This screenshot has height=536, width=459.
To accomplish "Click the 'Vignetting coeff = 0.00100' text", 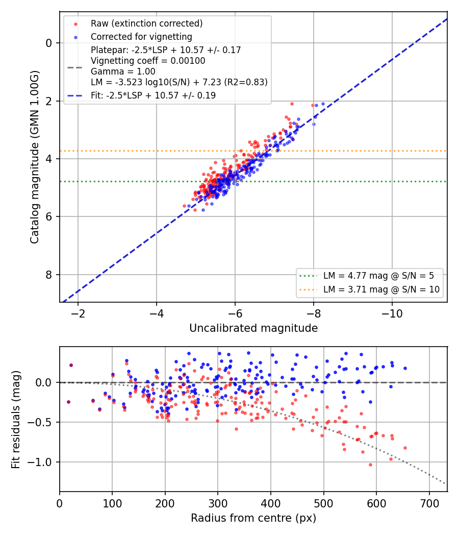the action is point(148,61).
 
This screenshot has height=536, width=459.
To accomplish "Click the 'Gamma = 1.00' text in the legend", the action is point(123,71).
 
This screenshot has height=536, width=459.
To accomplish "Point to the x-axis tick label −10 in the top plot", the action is point(392,313).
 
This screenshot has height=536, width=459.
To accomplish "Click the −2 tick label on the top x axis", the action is point(78,313).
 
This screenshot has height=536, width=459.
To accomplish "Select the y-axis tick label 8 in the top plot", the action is point(49,275).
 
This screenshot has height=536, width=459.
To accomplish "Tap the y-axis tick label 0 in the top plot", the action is point(49,43).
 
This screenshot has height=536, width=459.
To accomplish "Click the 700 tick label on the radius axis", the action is point(429,503).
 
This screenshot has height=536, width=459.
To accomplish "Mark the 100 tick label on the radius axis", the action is point(112,503).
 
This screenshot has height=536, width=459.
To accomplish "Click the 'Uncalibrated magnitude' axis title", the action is point(253,328).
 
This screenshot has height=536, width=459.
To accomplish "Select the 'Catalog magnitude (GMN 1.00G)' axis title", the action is point(35,157).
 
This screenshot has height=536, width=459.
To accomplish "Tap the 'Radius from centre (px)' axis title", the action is point(253,518).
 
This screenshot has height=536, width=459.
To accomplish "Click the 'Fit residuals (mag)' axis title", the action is point(16,420).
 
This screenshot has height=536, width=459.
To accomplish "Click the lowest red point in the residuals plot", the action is point(370,465).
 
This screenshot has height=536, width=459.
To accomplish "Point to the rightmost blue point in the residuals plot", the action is point(405,369).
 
